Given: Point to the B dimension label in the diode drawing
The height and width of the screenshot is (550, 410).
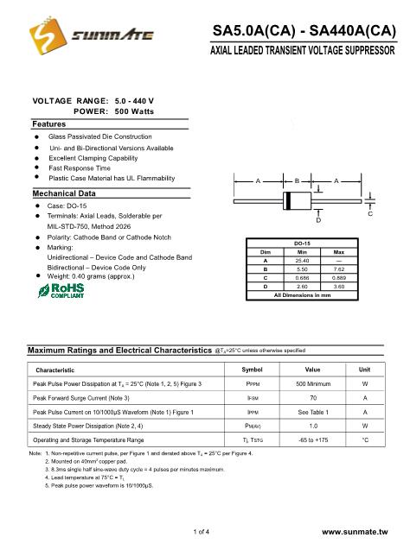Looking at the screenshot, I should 297,181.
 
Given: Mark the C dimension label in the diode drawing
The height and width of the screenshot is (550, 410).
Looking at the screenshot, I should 370,212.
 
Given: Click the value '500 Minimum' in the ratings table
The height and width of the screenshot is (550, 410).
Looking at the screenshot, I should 313,382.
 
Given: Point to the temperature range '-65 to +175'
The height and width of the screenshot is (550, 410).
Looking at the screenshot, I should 313,440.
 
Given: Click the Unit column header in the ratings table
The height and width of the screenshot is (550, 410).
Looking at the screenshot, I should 364,370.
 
